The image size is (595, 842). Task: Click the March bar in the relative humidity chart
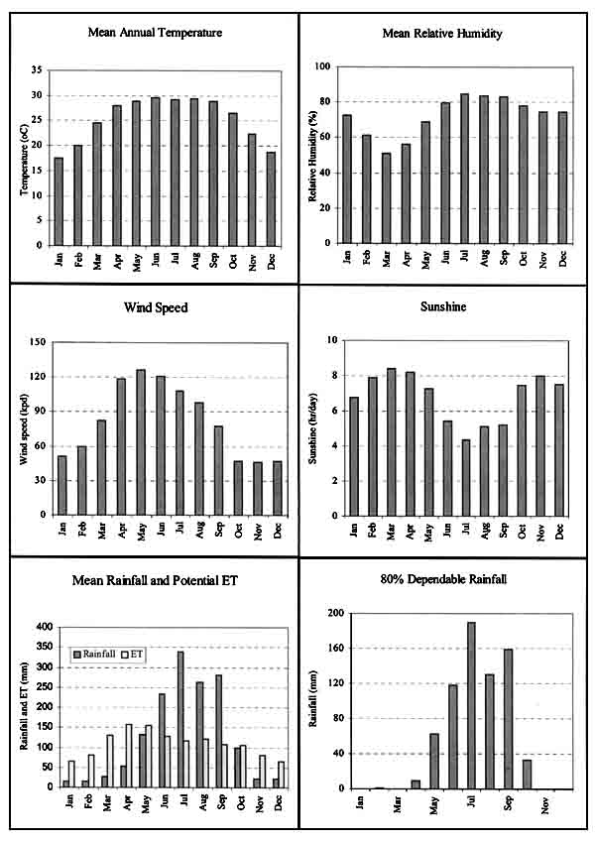(x=385, y=197)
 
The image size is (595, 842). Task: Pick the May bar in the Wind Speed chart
(x=140, y=442)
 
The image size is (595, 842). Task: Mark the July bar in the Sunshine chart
(x=465, y=477)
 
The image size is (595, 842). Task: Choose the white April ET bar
(x=128, y=755)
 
